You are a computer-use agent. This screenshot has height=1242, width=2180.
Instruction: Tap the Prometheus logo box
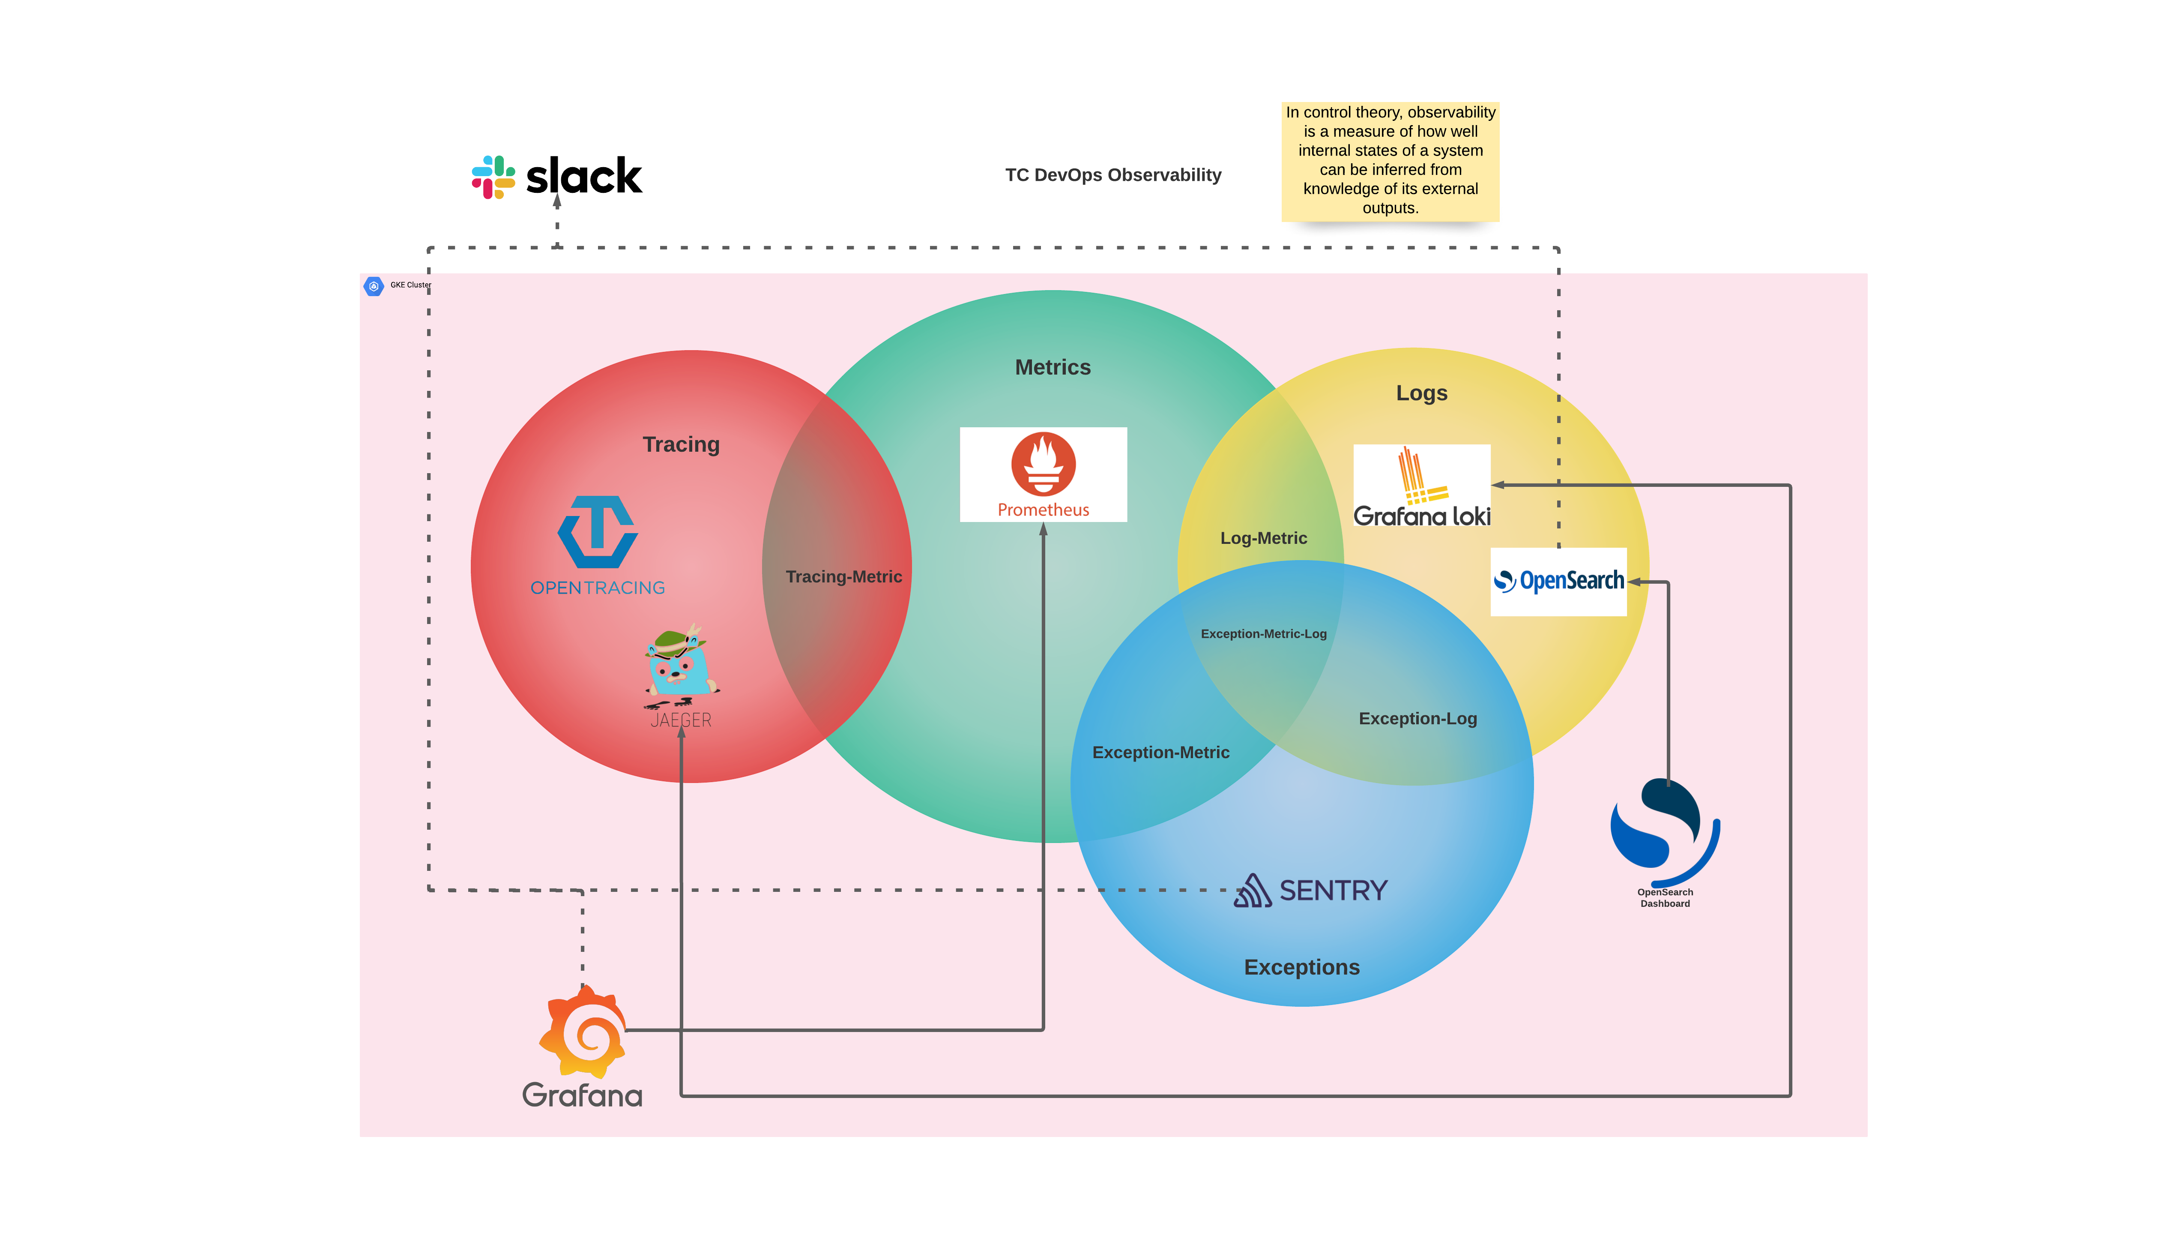[x=1043, y=474]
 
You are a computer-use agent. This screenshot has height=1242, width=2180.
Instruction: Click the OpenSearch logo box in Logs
[x=1558, y=582]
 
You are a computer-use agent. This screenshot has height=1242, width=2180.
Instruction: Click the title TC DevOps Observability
[x=1112, y=175]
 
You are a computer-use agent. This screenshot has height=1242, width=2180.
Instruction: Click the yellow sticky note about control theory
[x=1390, y=160]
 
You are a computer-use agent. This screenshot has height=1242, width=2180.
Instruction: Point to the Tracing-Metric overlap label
[x=843, y=577]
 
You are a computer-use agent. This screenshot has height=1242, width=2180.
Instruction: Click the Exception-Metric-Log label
[x=1263, y=634]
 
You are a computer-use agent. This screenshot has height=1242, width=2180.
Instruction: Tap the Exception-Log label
[x=1417, y=718]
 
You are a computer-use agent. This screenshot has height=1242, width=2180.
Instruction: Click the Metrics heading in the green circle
[x=1052, y=367]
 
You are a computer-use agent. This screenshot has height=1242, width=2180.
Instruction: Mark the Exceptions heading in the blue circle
[x=1301, y=966]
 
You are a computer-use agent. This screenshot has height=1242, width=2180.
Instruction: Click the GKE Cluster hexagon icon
[x=374, y=286]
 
